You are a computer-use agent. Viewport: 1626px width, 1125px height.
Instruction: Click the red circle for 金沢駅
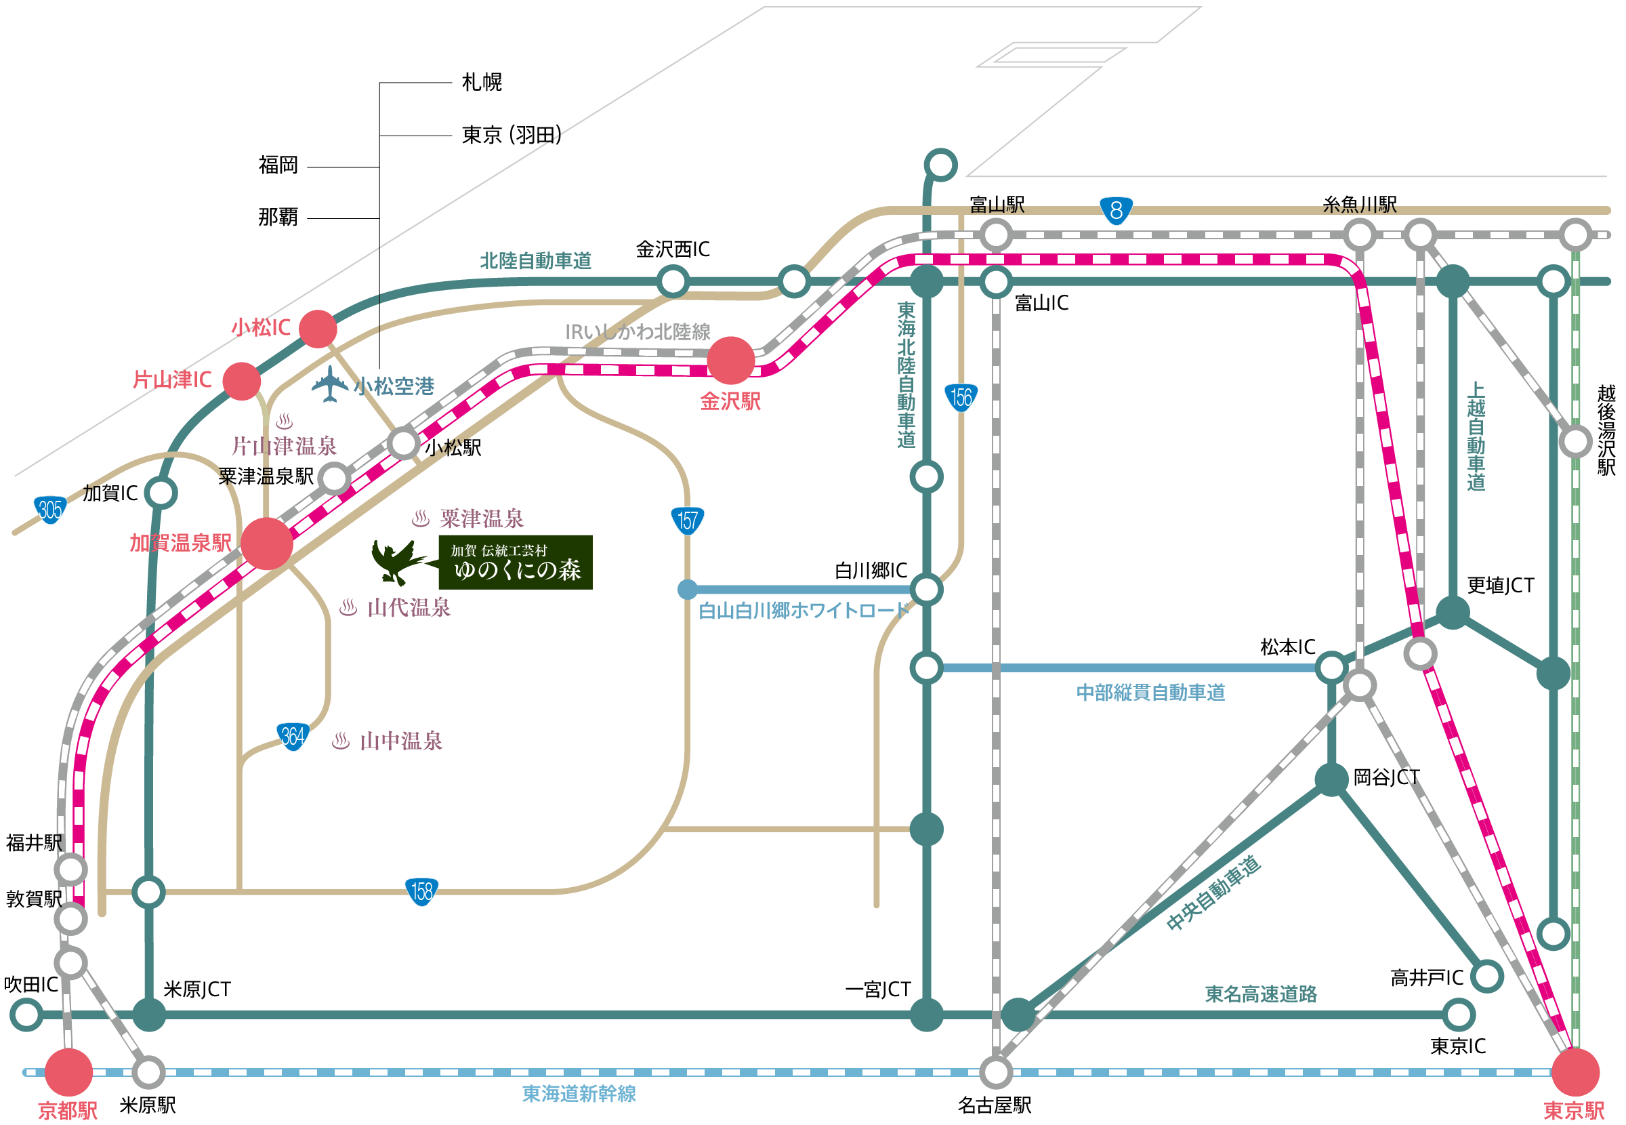point(730,360)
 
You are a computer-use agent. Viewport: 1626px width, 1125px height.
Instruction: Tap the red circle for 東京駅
point(1575,1072)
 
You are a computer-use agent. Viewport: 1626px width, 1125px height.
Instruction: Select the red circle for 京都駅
point(69,1072)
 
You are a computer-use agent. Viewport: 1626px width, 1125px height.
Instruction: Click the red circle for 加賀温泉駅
point(267,544)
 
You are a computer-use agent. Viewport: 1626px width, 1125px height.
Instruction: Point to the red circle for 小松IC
point(318,329)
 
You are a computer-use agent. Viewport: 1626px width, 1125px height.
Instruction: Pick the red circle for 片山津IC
point(242,382)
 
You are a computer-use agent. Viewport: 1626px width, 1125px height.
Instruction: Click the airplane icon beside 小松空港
point(330,384)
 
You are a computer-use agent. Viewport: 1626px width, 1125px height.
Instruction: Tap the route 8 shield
point(1116,210)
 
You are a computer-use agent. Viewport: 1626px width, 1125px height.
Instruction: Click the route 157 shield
point(687,521)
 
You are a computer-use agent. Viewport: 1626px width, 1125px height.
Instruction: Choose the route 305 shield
point(50,509)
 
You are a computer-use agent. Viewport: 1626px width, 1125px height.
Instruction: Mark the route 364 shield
point(293,737)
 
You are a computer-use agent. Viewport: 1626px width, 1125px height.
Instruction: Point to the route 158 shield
point(421,892)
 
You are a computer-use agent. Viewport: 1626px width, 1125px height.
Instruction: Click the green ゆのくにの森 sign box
point(515,562)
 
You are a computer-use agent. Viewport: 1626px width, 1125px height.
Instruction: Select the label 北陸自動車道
point(535,261)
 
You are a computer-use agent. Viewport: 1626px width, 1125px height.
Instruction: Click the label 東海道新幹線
point(579,1093)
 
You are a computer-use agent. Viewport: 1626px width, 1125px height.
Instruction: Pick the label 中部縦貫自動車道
point(1150,692)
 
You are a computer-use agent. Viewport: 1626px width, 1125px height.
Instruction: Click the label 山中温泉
point(401,741)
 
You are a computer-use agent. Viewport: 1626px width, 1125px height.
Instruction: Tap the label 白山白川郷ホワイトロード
point(803,611)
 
